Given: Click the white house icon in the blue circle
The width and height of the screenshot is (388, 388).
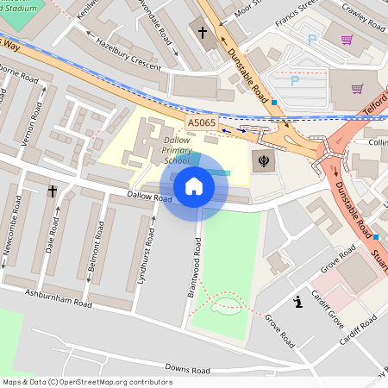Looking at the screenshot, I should tap(194, 185).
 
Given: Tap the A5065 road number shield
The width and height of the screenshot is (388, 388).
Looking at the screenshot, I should tap(202, 123).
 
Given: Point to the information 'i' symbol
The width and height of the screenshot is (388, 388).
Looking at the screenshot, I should tap(297, 302).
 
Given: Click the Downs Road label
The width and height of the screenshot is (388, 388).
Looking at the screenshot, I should tap(187, 369).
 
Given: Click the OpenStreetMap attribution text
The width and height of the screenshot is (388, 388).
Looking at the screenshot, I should tap(87, 381).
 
